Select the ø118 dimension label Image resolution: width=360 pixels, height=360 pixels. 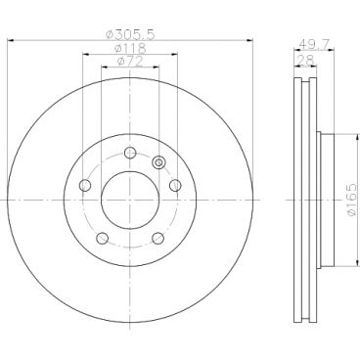129,48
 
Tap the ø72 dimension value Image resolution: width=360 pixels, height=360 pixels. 129,63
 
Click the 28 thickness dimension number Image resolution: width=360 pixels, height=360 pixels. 305,59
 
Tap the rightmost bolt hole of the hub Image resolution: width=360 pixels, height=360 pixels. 175,186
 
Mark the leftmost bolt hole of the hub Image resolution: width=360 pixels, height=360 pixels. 85,186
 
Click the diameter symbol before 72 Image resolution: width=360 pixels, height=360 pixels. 118,63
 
